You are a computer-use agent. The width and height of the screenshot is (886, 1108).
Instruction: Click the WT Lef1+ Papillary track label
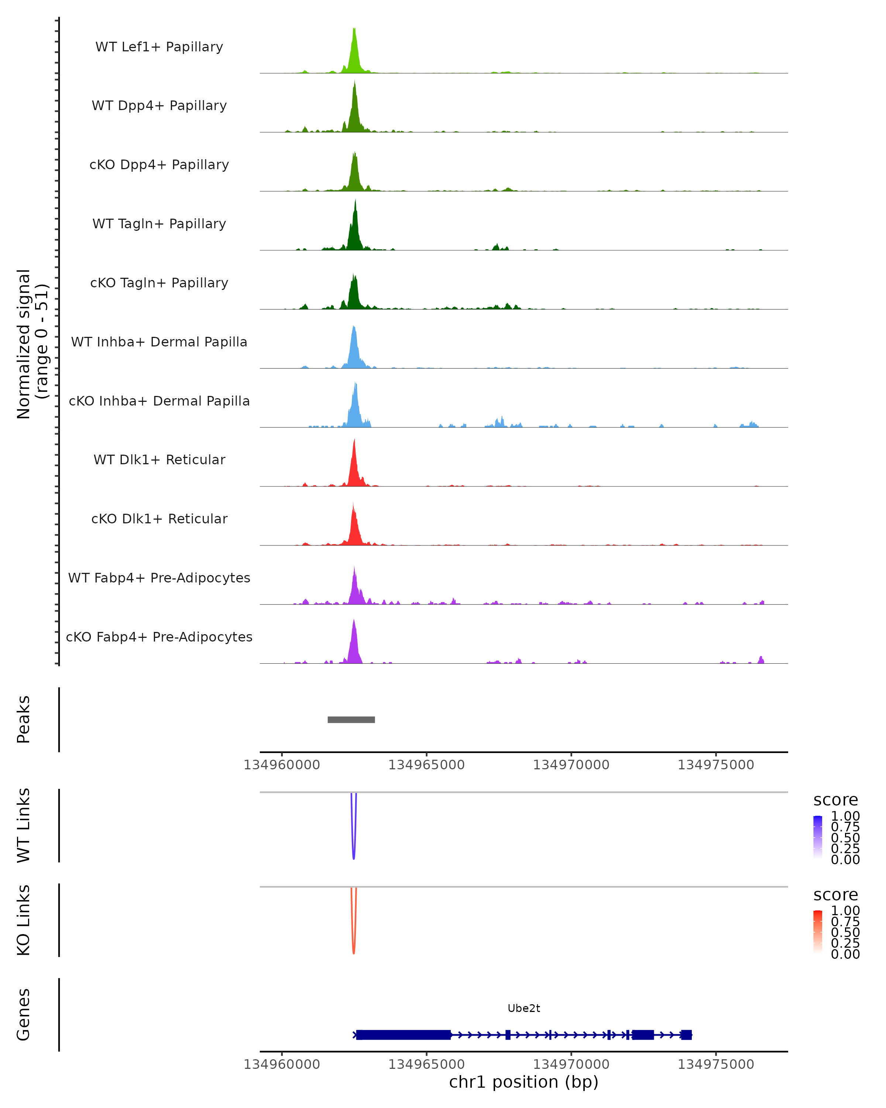tap(159, 47)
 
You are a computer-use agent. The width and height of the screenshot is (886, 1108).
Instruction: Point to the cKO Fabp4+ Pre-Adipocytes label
tap(159, 637)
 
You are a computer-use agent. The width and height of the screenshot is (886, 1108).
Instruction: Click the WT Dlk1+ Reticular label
tap(159, 459)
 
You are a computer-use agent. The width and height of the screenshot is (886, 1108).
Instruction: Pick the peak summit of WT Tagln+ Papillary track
tap(355, 201)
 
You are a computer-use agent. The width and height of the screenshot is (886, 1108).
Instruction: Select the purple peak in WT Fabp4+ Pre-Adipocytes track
tap(354, 588)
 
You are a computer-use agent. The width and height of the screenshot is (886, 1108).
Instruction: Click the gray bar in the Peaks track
tap(351, 719)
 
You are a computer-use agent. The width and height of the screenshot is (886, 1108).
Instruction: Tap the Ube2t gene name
tap(523, 1008)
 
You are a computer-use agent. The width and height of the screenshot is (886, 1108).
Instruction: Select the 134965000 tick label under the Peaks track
tap(426, 765)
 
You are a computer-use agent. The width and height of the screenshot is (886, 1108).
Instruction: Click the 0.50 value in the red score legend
tap(845, 932)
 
